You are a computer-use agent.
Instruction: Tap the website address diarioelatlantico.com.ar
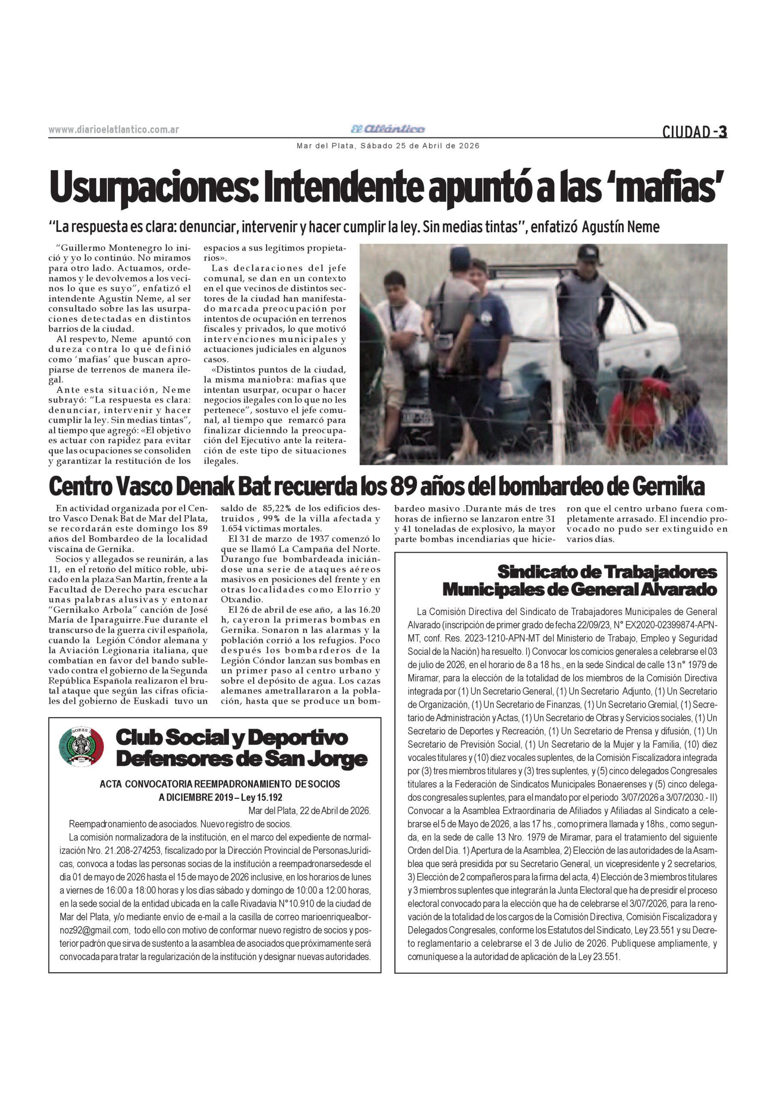pos(114,130)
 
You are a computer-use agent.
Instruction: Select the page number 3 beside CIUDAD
pos(722,132)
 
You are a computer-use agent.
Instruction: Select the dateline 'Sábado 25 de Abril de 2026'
pos(419,146)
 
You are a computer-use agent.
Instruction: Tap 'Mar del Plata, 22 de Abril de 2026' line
pos(309,810)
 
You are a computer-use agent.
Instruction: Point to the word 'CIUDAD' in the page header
pos(686,132)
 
